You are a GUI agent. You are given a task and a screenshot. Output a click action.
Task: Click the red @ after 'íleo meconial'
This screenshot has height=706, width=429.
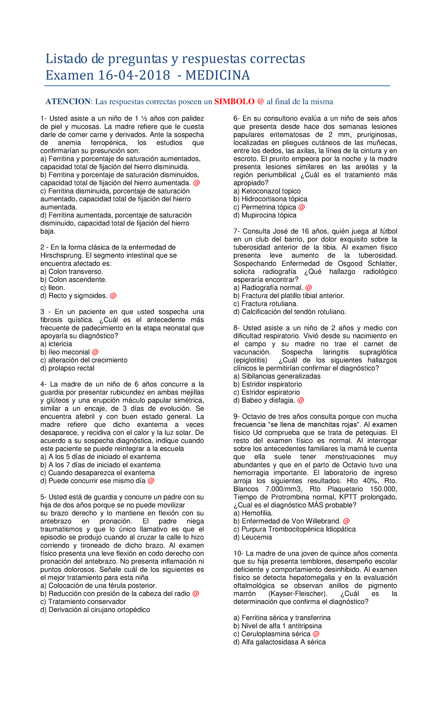point(95,352)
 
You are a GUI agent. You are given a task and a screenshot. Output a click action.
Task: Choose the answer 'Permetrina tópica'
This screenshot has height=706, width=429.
point(268,207)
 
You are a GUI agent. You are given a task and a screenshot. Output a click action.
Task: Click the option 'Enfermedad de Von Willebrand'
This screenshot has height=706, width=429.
point(291,521)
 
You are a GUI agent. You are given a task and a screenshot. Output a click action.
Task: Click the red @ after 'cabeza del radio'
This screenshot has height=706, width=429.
point(196,594)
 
